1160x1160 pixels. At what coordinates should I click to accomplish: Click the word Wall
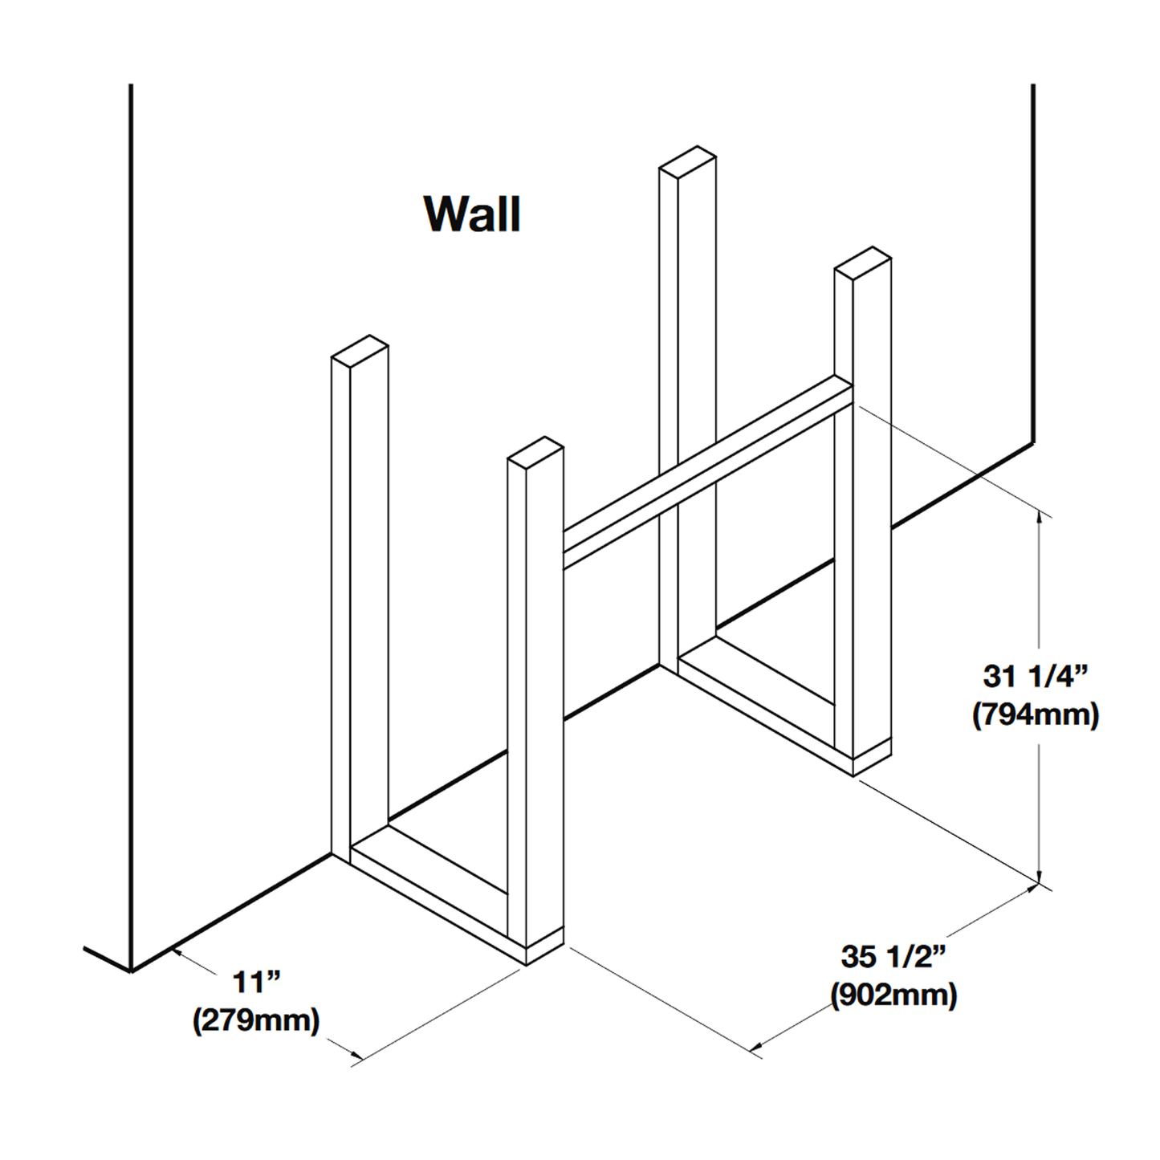(x=473, y=214)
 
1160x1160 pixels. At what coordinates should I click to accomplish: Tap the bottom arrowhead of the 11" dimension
(x=357, y=1039)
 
